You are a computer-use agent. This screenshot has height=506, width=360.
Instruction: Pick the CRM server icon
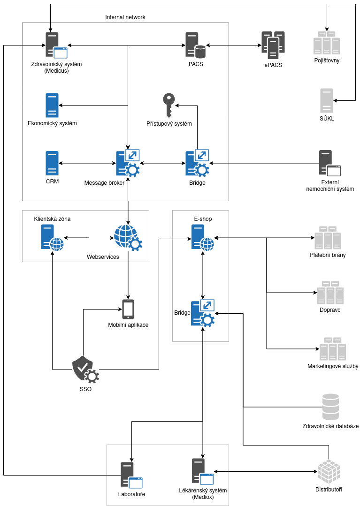[x=52, y=163]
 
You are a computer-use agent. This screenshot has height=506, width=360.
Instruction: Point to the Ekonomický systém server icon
[x=52, y=105]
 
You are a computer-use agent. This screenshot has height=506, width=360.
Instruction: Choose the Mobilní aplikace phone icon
[x=128, y=309]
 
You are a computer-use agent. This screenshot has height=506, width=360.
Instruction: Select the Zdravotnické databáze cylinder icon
[x=330, y=407]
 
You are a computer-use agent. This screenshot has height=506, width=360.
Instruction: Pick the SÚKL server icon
[x=327, y=100]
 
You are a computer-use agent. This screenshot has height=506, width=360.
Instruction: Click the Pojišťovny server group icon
[x=327, y=43]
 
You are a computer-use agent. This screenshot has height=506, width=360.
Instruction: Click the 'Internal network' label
[x=125, y=17]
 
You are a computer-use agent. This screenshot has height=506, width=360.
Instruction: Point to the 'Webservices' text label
[x=103, y=257]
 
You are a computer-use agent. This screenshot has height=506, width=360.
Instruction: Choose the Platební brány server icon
[x=328, y=238]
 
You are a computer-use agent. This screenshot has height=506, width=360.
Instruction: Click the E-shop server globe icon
[x=202, y=238]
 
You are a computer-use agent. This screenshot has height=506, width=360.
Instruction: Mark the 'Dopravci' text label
[x=330, y=310]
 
